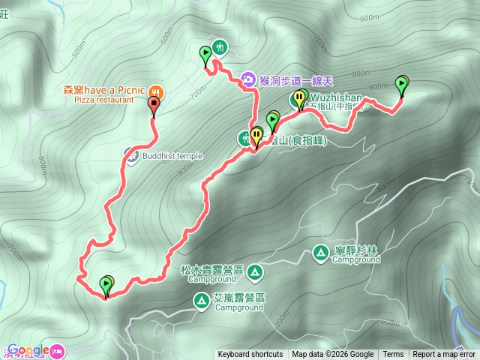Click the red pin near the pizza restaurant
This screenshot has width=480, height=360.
click(x=154, y=106)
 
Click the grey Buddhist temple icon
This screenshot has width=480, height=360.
click(x=130, y=156)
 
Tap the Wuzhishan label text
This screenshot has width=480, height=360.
click(x=335, y=97)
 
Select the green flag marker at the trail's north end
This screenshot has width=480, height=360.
click(x=205, y=55)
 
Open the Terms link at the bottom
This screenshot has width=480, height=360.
click(x=393, y=355)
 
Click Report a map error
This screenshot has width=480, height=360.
click(x=444, y=355)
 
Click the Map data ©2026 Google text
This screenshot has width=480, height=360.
click(x=333, y=355)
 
